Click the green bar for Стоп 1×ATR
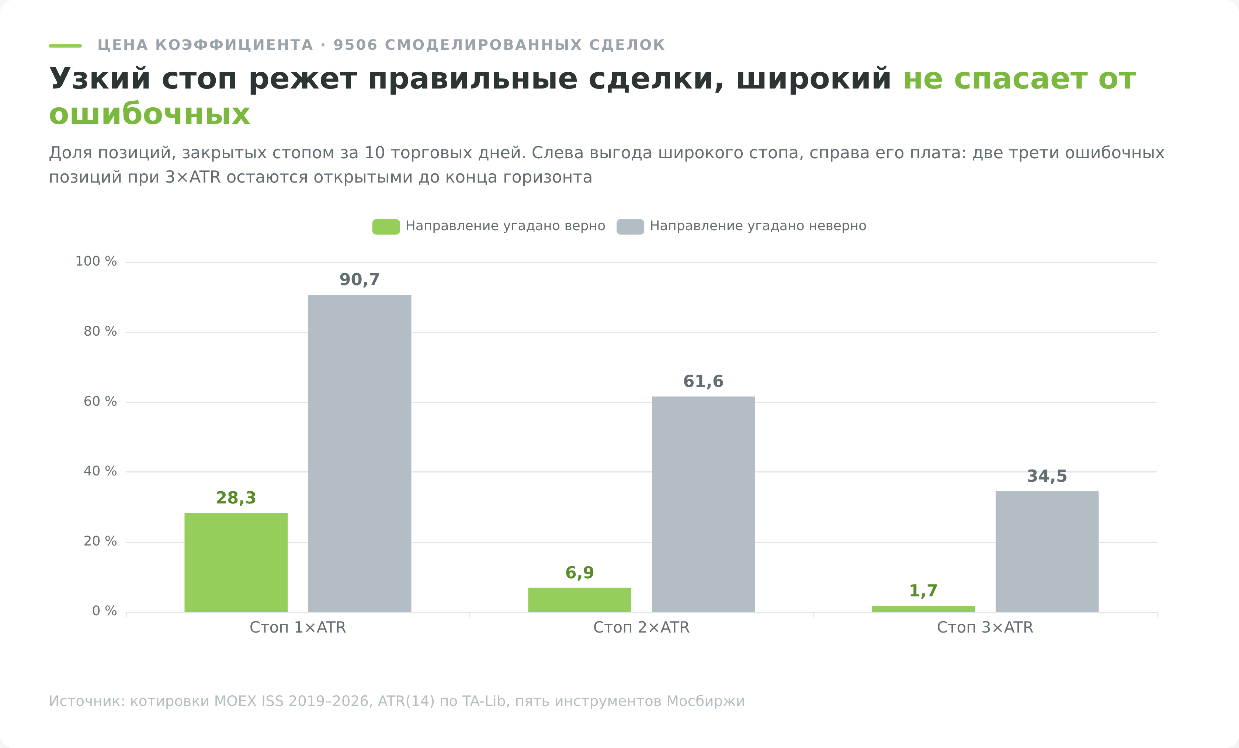pyautogui.click(x=236, y=562)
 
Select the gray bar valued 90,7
pyautogui.click(x=360, y=453)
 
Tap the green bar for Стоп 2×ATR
pyautogui.click(x=579, y=600)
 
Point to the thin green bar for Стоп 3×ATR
pyautogui.click(x=923, y=609)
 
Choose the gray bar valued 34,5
pyautogui.click(x=1047, y=552)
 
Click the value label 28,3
pyautogui.click(x=236, y=498)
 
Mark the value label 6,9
pyautogui.click(x=579, y=572)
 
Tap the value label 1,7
pyautogui.click(x=923, y=591)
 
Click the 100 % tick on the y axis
pyautogui.click(x=96, y=261)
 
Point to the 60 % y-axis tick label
pyautogui.click(x=100, y=401)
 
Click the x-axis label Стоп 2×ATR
pyautogui.click(x=641, y=627)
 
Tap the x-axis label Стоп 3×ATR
pyautogui.click(x=985, y=627)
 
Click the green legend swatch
pyautogui.click(x=386, y=226)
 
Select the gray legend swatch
pyautogui.click(x=631, y=226)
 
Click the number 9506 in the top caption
pyautogui.click(x=355, y=45)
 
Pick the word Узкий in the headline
pyautogui.click(x=100, y=79)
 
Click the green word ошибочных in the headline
pyautogui.click(x=149, y=114)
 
